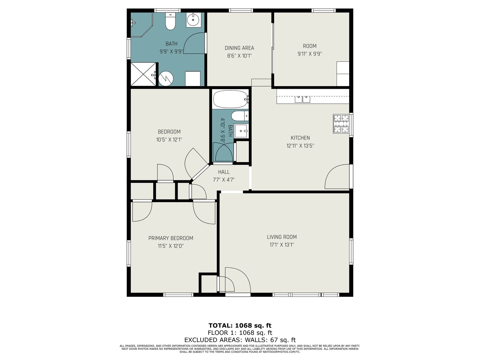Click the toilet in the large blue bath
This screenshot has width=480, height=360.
[170, 21]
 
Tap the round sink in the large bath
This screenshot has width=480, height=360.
[193, 20]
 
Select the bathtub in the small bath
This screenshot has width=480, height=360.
[231, 99]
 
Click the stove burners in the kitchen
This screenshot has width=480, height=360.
[341, 124]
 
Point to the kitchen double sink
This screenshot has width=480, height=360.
[302, 99]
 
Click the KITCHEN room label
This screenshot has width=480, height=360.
[300, 138]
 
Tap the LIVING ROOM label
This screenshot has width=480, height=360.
[282, 237]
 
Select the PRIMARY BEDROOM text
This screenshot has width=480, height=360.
[171, 238]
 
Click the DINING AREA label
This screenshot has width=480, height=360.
[239, 48]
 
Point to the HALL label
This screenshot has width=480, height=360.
[224, 172]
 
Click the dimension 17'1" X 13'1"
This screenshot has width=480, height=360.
[282, 245]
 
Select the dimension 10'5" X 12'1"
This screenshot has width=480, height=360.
[169, 140]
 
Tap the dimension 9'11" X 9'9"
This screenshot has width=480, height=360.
[310, 54]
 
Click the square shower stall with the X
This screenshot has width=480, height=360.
[143, 74]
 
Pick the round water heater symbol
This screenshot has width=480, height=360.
[166, 79]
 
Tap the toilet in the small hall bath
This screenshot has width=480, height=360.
[240, 116]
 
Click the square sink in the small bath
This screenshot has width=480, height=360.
[241, 131]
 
